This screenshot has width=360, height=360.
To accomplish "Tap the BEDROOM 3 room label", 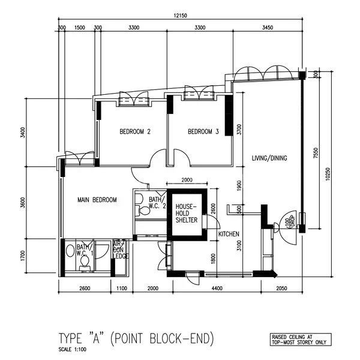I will tap(203, 132).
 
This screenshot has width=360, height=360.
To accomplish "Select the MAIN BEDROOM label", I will tap(96, 200).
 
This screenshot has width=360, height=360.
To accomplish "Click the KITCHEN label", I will tap(229, 234).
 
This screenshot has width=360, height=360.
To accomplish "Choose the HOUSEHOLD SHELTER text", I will tap(186, 214).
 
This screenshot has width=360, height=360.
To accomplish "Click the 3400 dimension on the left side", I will tap(23, 133).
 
